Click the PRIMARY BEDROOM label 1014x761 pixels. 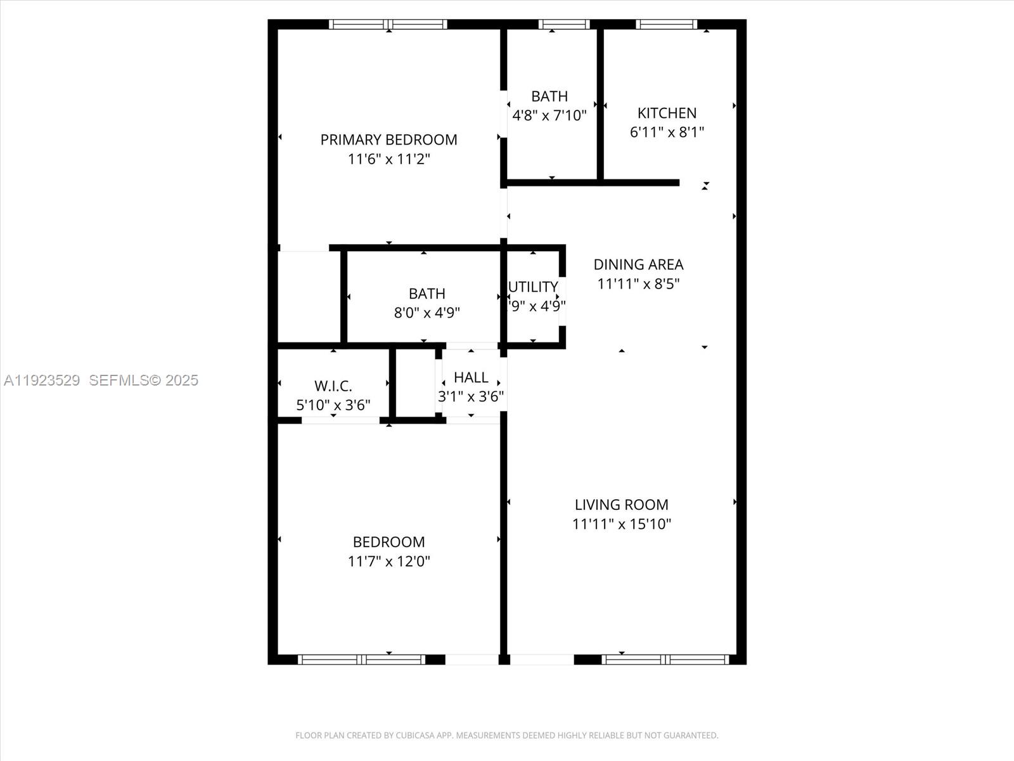pyautogui.click(x=388, y=140)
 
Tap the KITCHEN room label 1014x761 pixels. pyautogui.click(x=667, y=113)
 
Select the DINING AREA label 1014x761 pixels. pyautogui.click(x=638, y=264)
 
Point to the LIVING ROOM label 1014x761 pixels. pyautogui.click(x=621, y=505)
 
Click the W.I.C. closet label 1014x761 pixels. pyautogui.click(x=333, y=386)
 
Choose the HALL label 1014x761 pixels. pyautogui.click(x=471, y=377)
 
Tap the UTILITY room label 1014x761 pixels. pyautogui.click(x=533, y=287)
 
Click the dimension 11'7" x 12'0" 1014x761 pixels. pyautogui.click(x=388, y=561)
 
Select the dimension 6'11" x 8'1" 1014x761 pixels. pyautogui.click(x=667, y=132)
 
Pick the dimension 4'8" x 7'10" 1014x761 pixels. pyautogui.click(x=549, y=115)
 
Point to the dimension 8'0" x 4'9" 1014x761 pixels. pyautogui.click(x=427, y=313)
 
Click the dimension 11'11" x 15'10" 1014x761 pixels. pyautogui.click(x=621, y=524)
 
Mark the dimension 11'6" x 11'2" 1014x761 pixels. pyautogui.click(x=388, y=159)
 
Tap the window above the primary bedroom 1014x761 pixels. pyautogui.click(x=388, y=25)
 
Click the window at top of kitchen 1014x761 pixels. pyautogui.click(x=666, y=25)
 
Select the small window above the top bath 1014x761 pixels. pyautogui.click(x=564, y=25)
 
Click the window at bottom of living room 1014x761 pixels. pyautogui.click(x=665, y=660)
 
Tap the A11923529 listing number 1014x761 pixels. pyautogui.click(x=42, y=380)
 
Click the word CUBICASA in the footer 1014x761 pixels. pyautogui.click(x=414, y=736)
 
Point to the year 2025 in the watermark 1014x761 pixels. pyautogui.click(x=181, y=380)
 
